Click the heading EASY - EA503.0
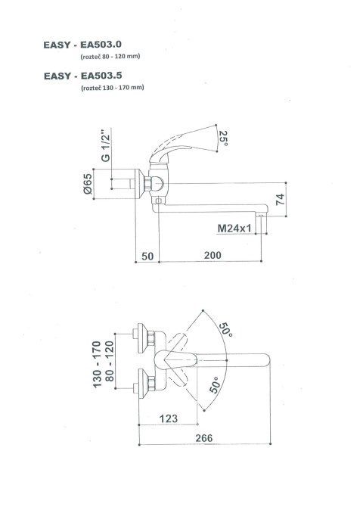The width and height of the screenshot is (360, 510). pos(82,45)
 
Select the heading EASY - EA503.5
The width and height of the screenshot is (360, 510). pos(83,76)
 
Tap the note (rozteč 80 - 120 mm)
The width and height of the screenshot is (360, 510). pos(110,56)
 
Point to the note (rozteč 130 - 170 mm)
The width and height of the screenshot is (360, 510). pos(113,88)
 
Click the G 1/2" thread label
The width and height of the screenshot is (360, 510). pos(106,146)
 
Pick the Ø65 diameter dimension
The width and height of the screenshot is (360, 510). pos(88,184)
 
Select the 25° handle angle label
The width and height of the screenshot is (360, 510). pos(223,138)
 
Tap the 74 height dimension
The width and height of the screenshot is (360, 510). pos(280,199)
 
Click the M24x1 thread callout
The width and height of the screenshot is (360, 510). pos(234,229)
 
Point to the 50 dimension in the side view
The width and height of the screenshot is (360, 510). pos(147,257)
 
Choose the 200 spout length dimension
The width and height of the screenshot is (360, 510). pos(213,255)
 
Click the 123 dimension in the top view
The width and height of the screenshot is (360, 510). pos(169,418)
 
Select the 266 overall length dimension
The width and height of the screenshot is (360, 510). pos(204,438)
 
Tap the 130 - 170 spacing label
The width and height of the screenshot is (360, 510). pos(98,364)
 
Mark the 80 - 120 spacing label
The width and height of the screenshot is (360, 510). pos(110,361)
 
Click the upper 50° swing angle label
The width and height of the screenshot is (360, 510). pos(225,330)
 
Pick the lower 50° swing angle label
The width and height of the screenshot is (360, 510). pos(214,385)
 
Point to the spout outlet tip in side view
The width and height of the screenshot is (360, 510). pos(261,216)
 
